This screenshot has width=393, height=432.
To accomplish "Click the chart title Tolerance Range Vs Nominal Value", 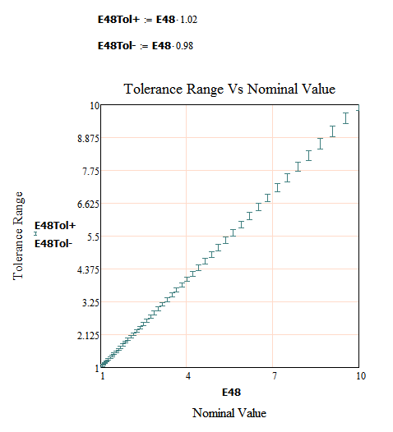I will [229, 89].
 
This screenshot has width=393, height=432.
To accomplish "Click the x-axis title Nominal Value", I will [229, 412].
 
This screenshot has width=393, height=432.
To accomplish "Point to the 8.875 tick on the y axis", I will [86, 138].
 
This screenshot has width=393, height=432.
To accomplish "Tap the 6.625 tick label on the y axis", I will [86, 204].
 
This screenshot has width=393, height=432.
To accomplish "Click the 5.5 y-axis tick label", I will [91, 237].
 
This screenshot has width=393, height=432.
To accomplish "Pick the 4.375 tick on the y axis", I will [86, 269].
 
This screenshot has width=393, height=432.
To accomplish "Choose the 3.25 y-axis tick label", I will [89, 302].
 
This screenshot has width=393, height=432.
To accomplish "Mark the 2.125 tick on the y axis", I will [86, 335].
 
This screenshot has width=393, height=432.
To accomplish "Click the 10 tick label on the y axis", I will [95, 105].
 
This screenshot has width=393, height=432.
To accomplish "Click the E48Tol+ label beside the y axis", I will [55, 226].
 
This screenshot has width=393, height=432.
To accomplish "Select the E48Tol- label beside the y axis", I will [53, 242].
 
